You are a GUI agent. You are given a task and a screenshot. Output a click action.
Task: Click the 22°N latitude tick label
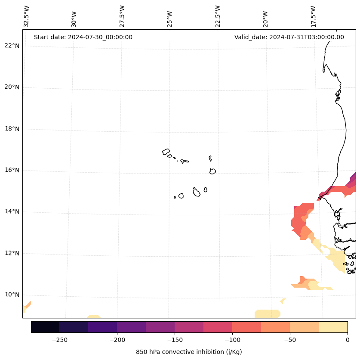click(12, 46)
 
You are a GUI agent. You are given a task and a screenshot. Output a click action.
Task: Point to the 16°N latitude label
click(12, 170)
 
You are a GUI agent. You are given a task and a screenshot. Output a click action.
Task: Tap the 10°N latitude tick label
click(12, 295)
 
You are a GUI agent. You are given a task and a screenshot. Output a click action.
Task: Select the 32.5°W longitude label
click(27, 16)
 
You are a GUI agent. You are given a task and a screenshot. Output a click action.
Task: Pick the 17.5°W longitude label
click(313, 16)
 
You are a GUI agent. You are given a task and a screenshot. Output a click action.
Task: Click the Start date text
click(83, 37)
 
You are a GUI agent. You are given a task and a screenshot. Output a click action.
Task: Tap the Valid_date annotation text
click(289, 37)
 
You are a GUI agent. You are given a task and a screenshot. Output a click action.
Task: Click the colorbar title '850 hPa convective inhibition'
click(189, 352)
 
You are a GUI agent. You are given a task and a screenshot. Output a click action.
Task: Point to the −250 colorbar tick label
click(59, 339)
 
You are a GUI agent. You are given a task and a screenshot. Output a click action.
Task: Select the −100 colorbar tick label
click(232, 339)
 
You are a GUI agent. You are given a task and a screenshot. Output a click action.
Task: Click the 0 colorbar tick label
click(348, 339)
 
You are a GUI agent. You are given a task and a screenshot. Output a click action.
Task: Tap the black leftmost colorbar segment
click(45, 327)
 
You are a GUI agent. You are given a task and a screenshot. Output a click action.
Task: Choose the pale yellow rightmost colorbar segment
click(333, 327)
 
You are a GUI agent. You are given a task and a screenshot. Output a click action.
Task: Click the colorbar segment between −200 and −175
click(131, 327)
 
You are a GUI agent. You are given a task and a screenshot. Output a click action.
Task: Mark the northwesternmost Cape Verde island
click(166, 152)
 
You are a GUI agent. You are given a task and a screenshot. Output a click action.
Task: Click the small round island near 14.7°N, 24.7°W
click(181, 196)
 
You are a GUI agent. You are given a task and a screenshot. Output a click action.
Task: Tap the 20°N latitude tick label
click(12, 87)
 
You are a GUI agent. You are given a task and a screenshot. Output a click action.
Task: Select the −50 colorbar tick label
click(290, 339)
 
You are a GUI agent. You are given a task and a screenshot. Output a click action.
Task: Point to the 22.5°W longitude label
click(218, 16)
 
